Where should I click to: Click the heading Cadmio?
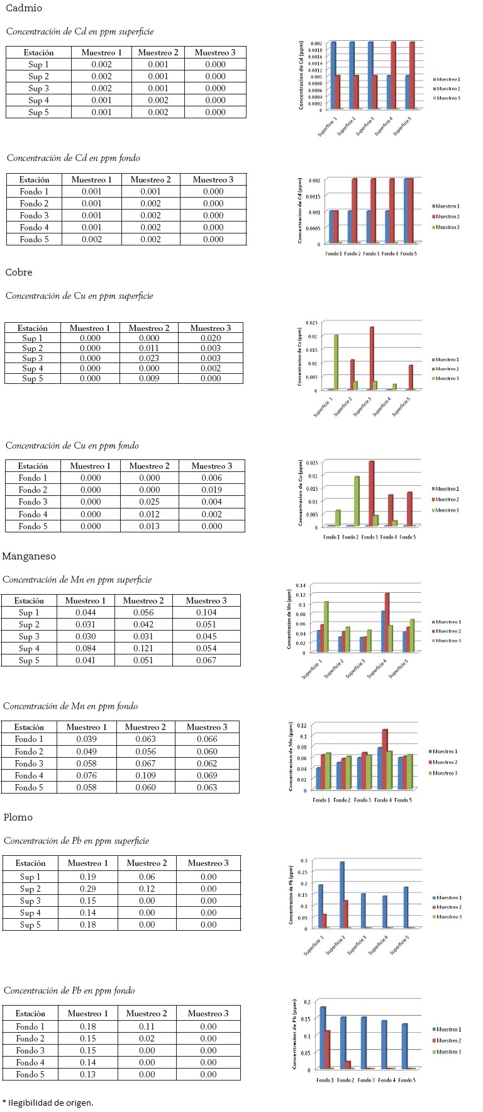coord(23,8)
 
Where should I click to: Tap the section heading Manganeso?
coord(29,556)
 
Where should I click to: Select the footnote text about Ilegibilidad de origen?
coord(48,1103)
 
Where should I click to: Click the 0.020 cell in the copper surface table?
coord(210,338)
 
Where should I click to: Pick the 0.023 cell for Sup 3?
coord(149,358)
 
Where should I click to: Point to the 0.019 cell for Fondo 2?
coord(211,490)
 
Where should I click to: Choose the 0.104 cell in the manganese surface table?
coord(206,612)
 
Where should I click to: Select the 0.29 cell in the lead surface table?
coord(87,889)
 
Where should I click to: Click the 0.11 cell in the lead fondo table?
coord(147,1026)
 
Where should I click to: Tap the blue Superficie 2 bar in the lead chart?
coord(342,894)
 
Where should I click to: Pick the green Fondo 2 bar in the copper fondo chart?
coord(357,501)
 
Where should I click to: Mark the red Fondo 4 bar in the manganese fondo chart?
coord(384,759)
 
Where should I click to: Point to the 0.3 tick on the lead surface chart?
coord(304,860)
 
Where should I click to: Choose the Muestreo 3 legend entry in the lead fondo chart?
coord(447,1052)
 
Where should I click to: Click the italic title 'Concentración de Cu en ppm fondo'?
coord(72,446)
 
